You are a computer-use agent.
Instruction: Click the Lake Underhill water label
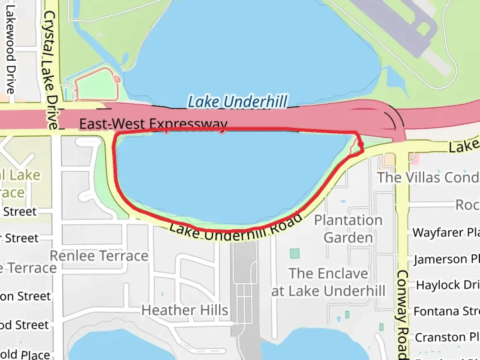pos(237,102)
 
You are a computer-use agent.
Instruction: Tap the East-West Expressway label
pos(153,124)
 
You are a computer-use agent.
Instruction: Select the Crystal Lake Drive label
pos(51,70)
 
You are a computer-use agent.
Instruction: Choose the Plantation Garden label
pos(348,229)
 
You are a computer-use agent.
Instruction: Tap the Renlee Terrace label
pos(99,256)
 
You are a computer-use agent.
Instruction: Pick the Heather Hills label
pos(185,310)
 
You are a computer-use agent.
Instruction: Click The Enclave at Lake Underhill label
pos(328,282)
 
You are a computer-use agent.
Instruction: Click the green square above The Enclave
pos(295,254)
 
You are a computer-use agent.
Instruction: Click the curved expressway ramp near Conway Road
pos(393,120)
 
